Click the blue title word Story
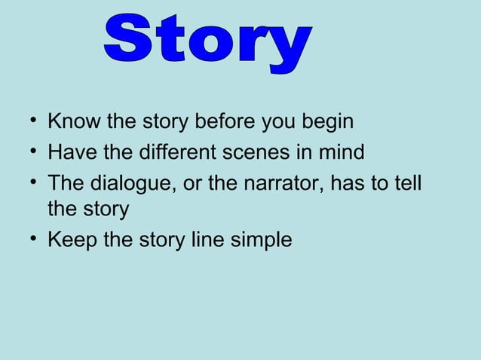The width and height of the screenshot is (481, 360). click(x=206, y=41)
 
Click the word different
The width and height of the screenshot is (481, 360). click(x=170, y=153)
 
